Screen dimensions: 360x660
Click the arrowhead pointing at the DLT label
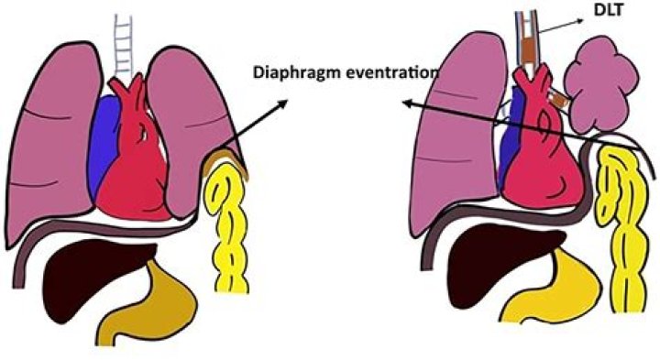tap(586, 19)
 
